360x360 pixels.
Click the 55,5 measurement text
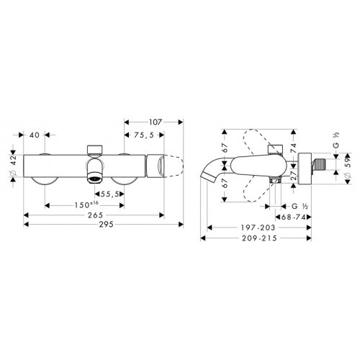coord(111,194)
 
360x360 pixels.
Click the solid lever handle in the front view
coord(157,165)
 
